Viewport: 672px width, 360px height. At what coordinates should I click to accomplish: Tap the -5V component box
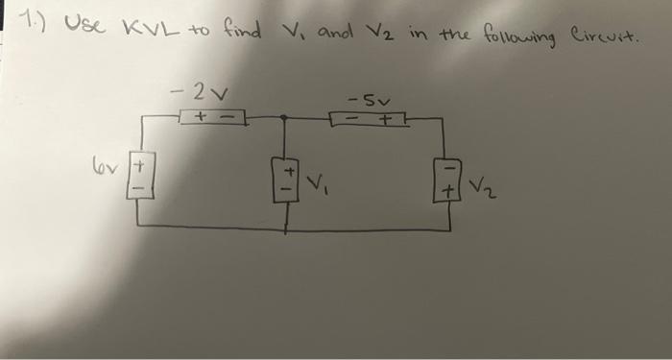370,120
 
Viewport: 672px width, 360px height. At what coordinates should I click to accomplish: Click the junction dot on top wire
285,115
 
